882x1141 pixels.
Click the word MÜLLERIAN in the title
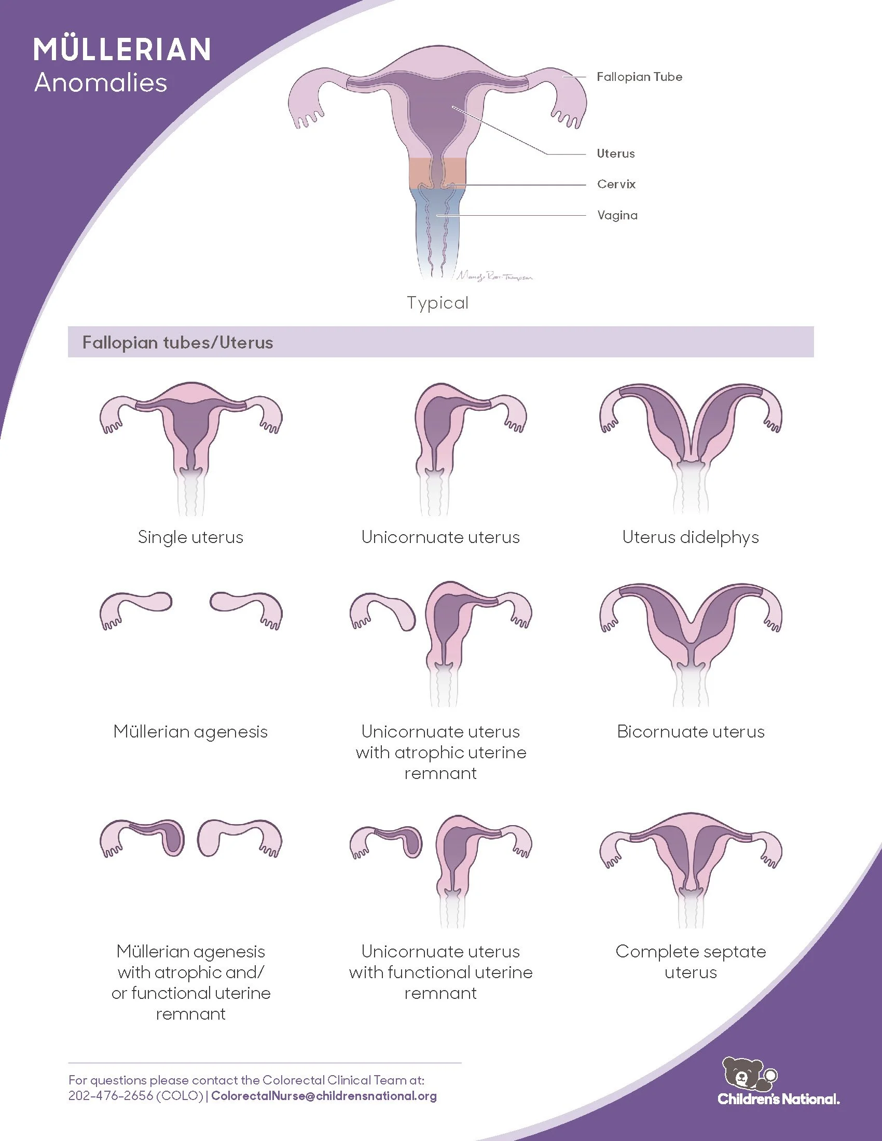point(122,50)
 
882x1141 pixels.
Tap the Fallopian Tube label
point(639,77)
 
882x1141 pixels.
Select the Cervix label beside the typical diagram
point(616,184)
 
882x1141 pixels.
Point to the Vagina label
point(617,215)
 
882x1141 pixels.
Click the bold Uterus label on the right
point(615,154)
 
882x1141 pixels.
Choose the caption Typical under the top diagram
point(437,302)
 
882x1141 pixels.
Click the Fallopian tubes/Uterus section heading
point(177,343)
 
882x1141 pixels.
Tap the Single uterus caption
point(191,537)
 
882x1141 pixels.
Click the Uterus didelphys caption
point(690,537)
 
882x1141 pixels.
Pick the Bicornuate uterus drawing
point(690,643)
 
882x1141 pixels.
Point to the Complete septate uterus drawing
point(690,868)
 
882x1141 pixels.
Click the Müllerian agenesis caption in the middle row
point(191,731)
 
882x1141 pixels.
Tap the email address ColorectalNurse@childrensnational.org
point(324,1095)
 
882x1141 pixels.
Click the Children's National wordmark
point(779,1098)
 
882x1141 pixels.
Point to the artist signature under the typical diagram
point(494,276)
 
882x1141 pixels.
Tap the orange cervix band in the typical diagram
point(437,172)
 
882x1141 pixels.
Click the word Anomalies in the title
point(101,83)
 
